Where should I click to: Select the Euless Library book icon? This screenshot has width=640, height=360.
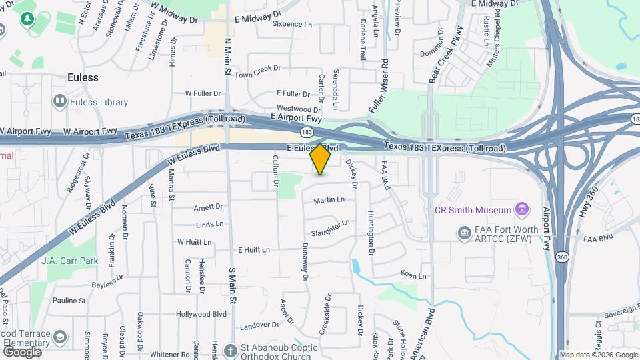[59, 101]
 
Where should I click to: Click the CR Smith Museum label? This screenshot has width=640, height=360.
[473, 210]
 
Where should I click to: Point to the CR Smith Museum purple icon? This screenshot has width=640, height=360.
[523, 210]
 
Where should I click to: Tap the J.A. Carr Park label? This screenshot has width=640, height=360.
[69, 261]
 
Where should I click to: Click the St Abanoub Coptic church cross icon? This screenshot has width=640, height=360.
[231, 350]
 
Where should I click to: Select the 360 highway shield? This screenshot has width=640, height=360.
[562, 256]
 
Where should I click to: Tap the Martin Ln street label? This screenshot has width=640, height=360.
[329, 199]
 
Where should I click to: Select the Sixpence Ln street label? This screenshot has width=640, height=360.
[293, 25]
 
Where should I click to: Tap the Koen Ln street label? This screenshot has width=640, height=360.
[413, 274]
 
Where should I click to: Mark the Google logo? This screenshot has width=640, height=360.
[21, 351]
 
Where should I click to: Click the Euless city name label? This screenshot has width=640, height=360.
[83, 77]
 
